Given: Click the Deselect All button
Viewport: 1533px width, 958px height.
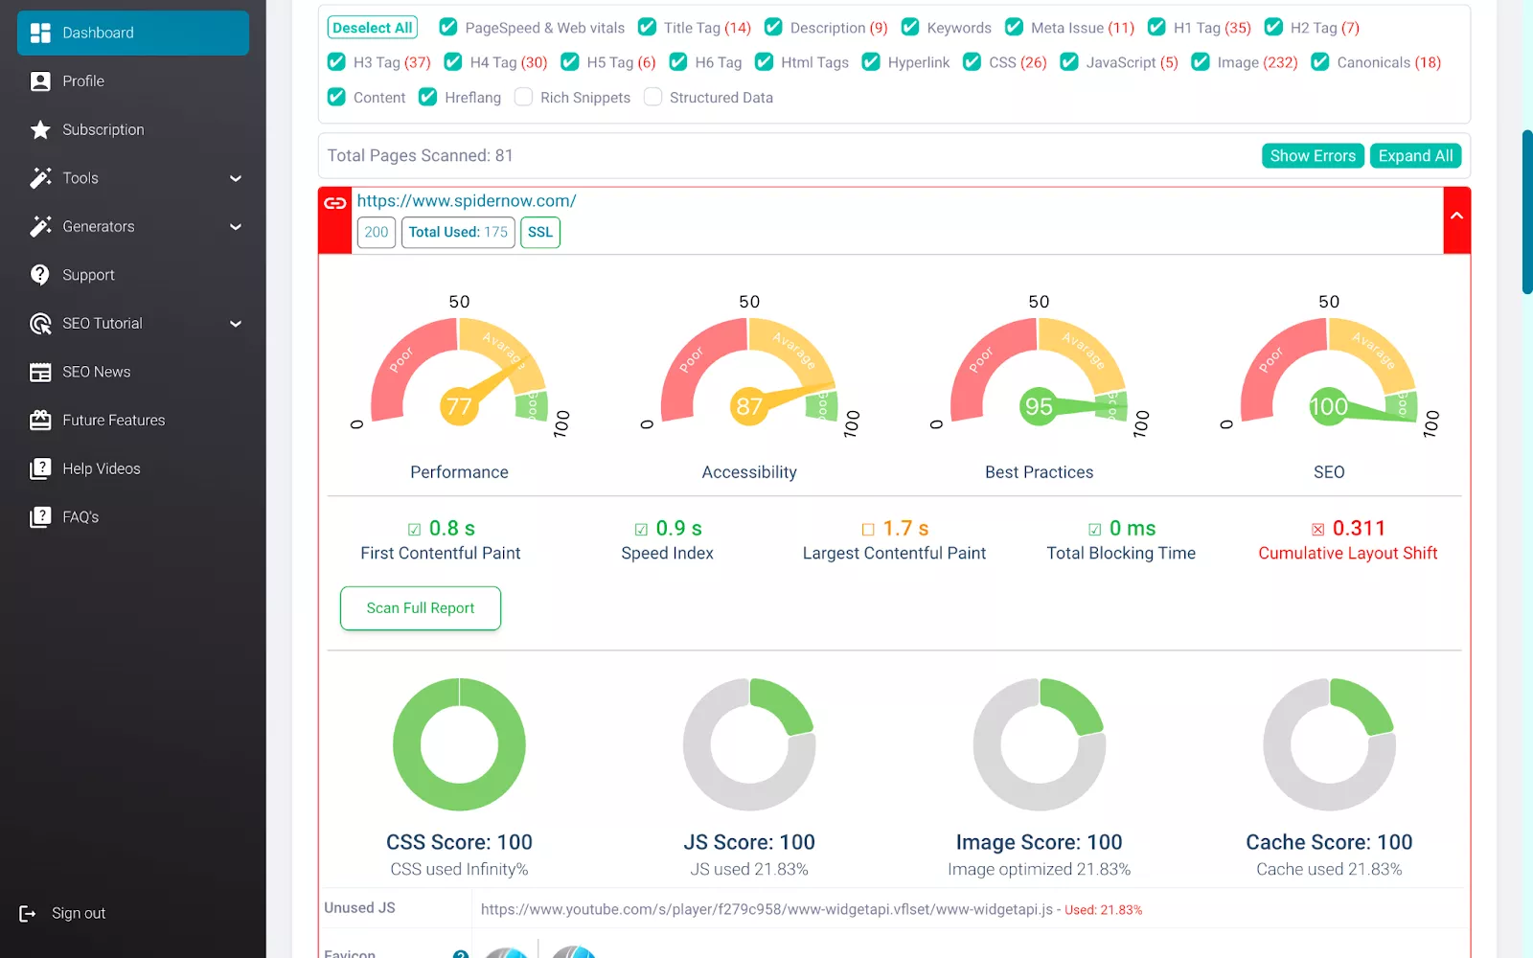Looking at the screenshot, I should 373,28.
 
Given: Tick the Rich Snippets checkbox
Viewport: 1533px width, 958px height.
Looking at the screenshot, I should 524,97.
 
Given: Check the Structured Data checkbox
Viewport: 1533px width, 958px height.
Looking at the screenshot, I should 653,97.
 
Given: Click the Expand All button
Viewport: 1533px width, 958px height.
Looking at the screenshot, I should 1415,156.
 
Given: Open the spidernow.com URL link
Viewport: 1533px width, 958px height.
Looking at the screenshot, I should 467,201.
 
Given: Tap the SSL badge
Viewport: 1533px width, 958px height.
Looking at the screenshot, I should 540,232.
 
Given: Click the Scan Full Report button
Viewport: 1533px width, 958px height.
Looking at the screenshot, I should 421,608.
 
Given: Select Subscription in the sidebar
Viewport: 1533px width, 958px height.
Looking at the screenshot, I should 103,129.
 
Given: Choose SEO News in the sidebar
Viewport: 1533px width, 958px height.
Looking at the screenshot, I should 96,372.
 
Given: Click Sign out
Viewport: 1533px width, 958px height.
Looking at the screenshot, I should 78,913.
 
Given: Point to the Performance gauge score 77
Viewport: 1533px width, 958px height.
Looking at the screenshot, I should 459,407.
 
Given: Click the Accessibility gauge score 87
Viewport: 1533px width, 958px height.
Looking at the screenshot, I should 749,407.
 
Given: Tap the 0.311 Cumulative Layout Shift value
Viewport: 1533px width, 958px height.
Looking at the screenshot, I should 1359,529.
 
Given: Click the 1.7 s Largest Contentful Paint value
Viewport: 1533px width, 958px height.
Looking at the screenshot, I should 905,529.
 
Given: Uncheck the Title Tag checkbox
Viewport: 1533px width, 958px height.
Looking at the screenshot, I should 648,28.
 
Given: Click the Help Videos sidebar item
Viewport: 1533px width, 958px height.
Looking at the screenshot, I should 101,468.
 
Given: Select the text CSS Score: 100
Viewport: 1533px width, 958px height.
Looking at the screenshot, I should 459,842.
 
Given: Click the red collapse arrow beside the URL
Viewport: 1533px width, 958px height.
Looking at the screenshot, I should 1456,217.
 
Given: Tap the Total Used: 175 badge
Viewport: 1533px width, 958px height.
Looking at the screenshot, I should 458,232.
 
